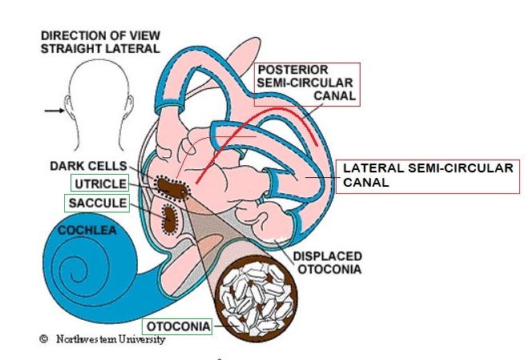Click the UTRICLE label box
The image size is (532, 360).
point(98,184)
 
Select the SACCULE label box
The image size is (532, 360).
point(97,204)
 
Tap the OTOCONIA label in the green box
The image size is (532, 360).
point(177,326)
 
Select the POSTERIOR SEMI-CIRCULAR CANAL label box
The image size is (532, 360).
point(305,83)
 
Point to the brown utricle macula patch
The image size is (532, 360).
point(170,189)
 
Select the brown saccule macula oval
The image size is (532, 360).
point(170,217)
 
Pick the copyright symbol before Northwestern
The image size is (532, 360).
point(44,340)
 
